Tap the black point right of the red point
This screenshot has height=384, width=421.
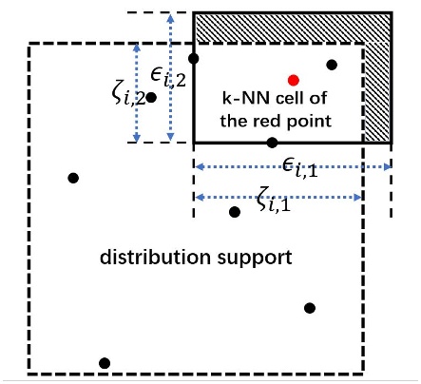point(332,65)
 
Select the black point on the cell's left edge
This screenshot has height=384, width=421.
point(194,59)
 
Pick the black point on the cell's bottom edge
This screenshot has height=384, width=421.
point(272,143)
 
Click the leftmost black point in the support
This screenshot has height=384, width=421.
point(73,178)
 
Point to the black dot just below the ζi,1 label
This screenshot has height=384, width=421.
point(235,211)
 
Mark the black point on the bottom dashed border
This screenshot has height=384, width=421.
point(105,362)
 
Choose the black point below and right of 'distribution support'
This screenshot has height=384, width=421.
point(309,307)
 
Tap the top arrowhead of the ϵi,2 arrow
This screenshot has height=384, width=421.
point(169,16)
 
